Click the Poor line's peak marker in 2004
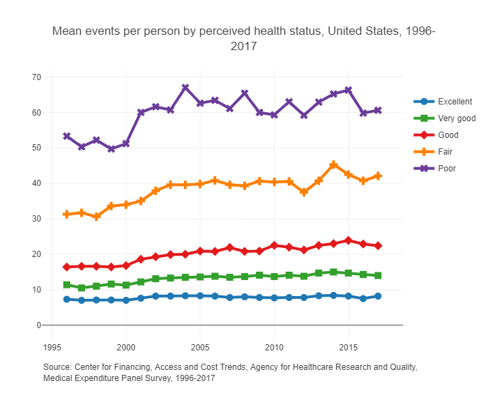tap(185, 88)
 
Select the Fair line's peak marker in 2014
tap(333, 165)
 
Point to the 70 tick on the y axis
tap(36, 77)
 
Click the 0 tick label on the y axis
tap(39, 325)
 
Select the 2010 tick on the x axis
tap(274, 346)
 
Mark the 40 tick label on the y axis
tap(36, 183)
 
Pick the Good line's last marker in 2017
tap(378, 246)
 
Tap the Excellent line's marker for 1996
tap(67, 300)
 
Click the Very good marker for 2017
tap(378, 276)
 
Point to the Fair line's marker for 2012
tap(304, 192)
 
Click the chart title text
tap(244, 39)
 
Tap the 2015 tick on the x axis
tap(348, 346)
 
